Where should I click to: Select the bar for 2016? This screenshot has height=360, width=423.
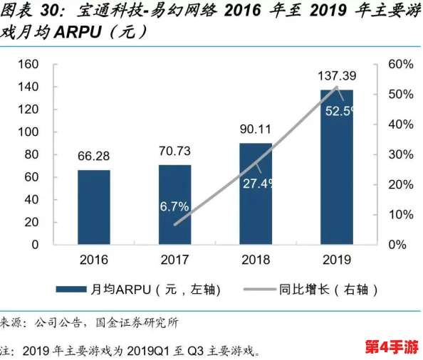click(94, 206)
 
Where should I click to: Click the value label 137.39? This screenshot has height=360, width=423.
click(337, 75)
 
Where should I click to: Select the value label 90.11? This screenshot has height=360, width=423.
click(256, 129)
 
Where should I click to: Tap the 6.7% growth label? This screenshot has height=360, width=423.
click(174, 206)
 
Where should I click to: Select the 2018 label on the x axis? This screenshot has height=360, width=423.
click(256, 259)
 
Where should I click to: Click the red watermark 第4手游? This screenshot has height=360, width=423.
click(390, 346)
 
